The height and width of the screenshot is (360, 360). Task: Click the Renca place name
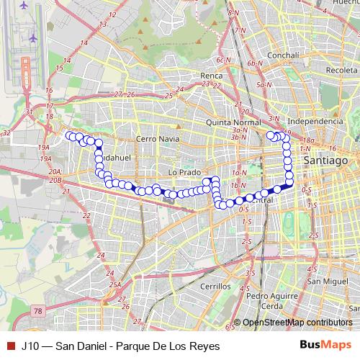[212, 76]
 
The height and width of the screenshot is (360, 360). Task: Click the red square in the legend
[10, 346]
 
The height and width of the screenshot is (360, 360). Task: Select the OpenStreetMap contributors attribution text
[297, 323]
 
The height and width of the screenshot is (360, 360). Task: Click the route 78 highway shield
[38, 310]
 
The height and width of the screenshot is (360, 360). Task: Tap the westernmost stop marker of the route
[70, 135]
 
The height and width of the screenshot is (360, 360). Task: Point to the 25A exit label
[114, 285]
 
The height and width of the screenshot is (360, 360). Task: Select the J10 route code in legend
[30, 346]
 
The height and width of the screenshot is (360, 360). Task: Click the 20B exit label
[55, 181]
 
